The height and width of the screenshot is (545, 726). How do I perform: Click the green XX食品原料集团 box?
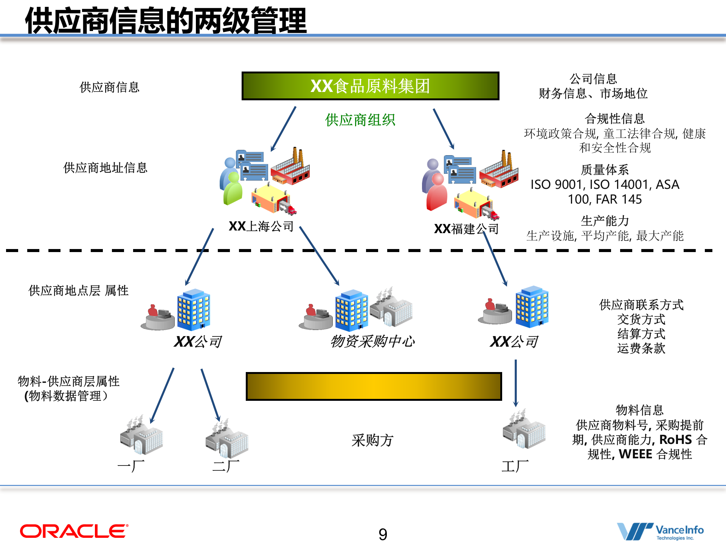[x=370, y=86]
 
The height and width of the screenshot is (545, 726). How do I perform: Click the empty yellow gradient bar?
[x=374, y=386]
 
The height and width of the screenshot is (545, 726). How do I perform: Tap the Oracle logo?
[x=74, y=531]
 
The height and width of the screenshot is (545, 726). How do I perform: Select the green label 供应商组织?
[x=360, y=120]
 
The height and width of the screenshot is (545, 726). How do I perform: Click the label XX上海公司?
[x=261, y=226]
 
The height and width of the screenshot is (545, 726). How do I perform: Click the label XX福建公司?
[x=466, y=229]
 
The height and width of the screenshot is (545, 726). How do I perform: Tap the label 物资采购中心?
[x=372, y=341]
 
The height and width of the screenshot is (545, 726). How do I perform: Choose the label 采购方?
[x=372, y=440]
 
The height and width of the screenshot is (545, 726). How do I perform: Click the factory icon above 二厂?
[x=227, y=438]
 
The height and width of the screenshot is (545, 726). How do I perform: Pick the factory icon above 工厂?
[x=524, y=430]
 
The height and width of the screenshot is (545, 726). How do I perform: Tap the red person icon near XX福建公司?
[x=437, y=192]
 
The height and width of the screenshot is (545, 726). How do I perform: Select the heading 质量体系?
[x=605, y=170]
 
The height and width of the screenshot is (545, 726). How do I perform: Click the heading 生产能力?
[x=605, y=221]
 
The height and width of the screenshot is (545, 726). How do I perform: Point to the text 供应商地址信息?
[x=105, y=168]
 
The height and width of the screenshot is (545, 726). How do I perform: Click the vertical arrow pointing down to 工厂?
[x=515, y=382]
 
